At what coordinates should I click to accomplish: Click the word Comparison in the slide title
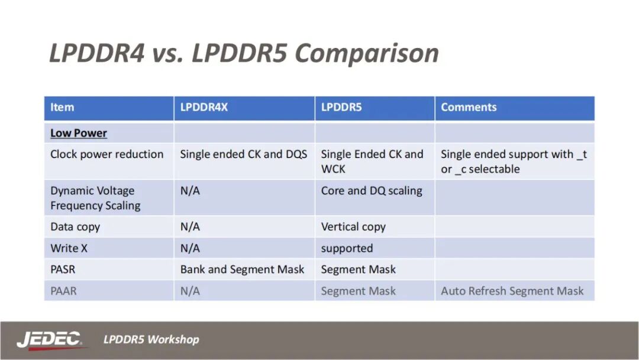[367, 53]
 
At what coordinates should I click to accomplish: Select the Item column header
[62, 107]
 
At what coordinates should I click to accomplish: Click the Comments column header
[469, 107]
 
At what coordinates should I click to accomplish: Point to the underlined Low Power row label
[79, 133]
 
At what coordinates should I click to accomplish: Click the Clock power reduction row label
[106, 154]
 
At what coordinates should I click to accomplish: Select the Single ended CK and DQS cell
[244, 154]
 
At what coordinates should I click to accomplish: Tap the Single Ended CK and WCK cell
[372, 161]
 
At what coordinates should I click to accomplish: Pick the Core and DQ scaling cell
[372, 191]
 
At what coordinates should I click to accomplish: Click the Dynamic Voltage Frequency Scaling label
[95, 198]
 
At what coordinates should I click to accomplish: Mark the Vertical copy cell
[353, 227]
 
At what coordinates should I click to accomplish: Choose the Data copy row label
[75, 227]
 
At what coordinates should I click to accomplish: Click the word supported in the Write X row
[347, 248]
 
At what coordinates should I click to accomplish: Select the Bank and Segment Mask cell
[242, 269]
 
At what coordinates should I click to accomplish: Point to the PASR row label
[63, 269]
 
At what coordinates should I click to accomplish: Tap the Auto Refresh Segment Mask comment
[512, 291]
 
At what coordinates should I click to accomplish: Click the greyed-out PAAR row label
[63, 291]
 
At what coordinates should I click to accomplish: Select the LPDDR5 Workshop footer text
[151, 339]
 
